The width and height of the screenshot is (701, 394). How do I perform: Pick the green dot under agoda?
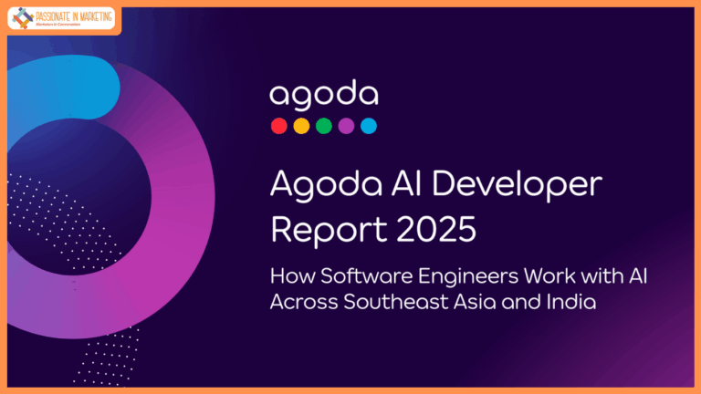coord(324,126)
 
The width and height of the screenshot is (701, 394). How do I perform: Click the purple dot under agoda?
coord(346,126)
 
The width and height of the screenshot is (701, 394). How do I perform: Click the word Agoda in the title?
coord(314,185)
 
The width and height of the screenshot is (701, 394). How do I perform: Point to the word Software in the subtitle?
coord(351,276)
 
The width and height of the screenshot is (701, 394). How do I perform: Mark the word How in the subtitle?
coord(289,276)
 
